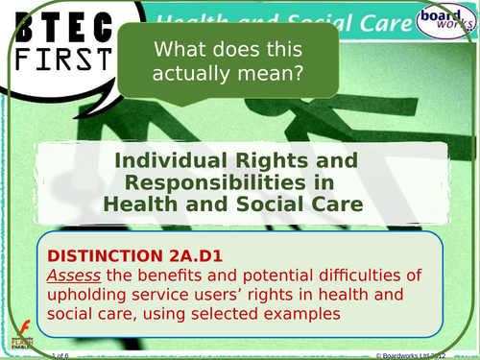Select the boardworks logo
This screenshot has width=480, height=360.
pos(439,20)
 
